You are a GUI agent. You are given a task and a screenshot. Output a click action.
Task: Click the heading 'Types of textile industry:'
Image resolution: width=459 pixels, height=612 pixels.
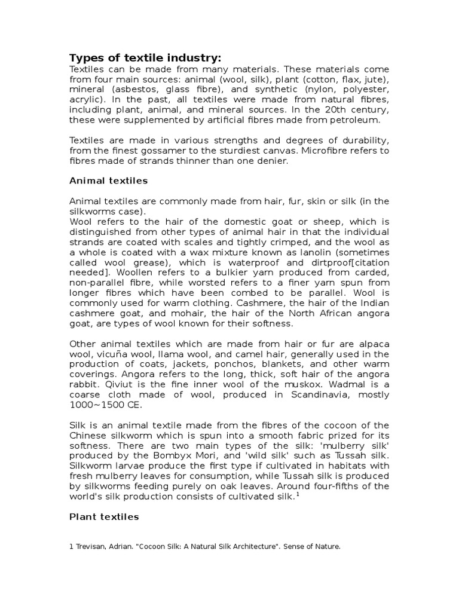145,57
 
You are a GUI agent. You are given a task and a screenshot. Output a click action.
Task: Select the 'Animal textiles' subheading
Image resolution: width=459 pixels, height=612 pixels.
109,180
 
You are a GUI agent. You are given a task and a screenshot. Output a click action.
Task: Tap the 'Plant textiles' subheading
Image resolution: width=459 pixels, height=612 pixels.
104,516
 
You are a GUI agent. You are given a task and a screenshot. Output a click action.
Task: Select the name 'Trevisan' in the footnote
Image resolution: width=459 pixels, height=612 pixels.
91,546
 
